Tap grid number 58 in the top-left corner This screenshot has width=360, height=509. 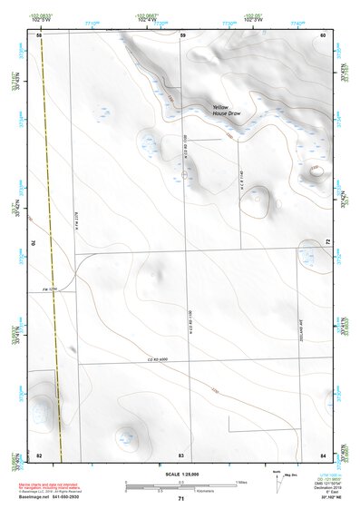tap(39, 34)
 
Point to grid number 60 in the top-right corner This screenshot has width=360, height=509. tap(324, 34)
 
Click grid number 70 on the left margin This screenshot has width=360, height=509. tap(35, 243)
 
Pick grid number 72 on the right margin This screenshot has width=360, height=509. tap(328, 243)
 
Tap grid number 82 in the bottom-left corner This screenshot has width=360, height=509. tap(39, 453)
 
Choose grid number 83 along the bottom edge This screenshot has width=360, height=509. tap(181, 453)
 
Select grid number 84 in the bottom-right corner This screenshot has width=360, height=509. tap(324, 453)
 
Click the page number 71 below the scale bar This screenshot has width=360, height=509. tap(181, 499)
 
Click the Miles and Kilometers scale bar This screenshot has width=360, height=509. tap(180, 486)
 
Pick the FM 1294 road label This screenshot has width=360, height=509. tap(63, 289)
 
